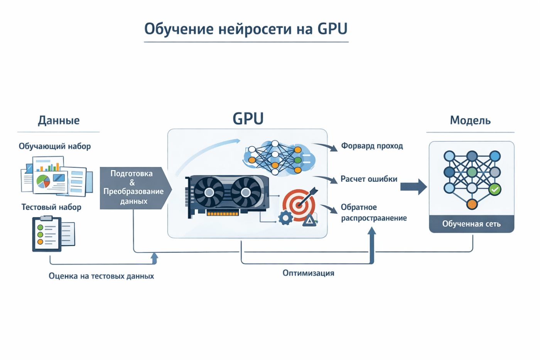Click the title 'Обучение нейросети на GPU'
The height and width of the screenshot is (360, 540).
[246, 29]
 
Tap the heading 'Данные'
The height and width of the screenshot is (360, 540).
[59, 120]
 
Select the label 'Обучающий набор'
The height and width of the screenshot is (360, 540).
[55, 146]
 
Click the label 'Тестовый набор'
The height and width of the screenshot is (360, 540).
[51, 207]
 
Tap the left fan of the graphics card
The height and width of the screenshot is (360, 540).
[209, 192]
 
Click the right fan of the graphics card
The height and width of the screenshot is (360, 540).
[245, 192]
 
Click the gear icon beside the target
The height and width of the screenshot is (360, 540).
[285, 218]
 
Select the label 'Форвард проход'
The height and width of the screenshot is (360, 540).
[372, 146]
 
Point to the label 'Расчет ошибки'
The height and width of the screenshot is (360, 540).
[369, 179]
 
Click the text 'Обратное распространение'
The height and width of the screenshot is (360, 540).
[373, 213]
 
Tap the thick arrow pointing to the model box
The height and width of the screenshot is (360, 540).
[413, 187]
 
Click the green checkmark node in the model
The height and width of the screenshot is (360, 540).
[494, 189]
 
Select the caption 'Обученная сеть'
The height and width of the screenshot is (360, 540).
[471, 224]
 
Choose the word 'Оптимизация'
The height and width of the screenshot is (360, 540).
[308, 273]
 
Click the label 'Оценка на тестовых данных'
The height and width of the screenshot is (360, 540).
[101, 276]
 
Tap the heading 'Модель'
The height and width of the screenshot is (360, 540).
[470, 120]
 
